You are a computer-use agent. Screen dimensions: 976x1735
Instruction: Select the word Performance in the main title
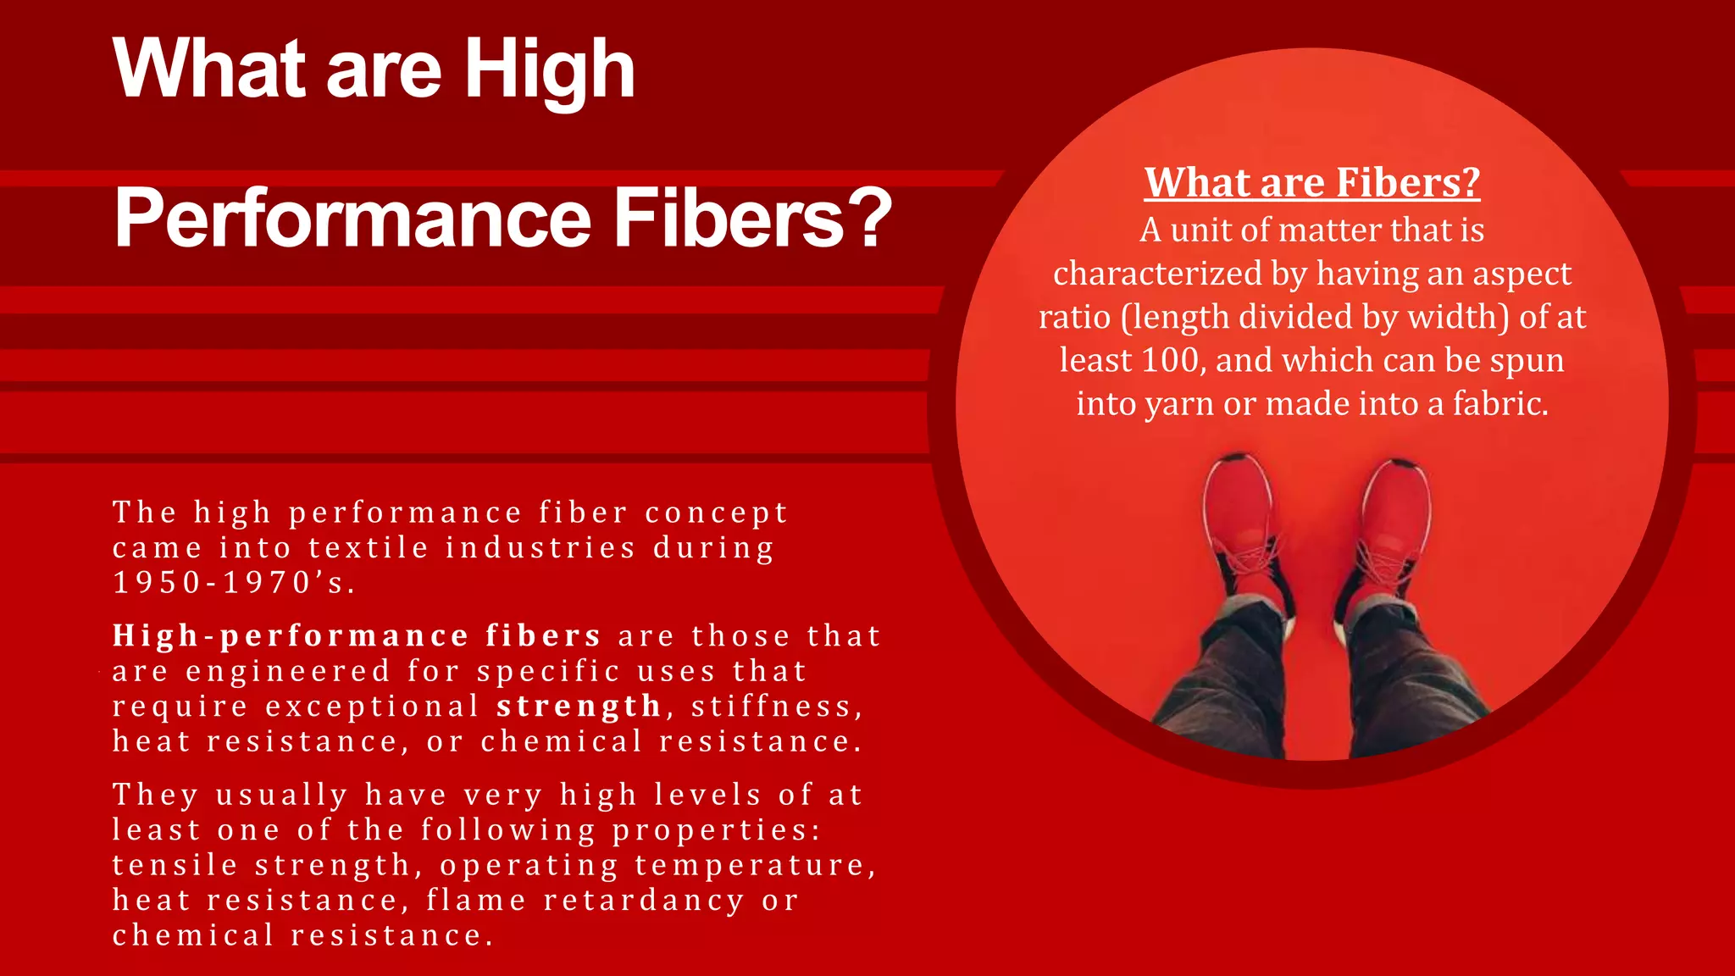352,218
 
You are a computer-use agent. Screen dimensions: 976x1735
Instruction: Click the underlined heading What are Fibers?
1311,183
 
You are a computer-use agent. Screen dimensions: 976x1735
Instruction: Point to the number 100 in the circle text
1170,360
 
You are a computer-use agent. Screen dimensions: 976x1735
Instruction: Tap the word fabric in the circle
1499,404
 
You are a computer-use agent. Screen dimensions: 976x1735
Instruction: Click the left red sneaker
1241,525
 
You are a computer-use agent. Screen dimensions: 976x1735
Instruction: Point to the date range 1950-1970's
233,583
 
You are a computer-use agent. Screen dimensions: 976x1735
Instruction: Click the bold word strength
579,707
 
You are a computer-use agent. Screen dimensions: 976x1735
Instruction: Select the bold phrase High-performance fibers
357,636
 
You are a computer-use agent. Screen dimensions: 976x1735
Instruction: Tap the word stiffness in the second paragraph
776,707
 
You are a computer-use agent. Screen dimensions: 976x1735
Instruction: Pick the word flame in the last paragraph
476,901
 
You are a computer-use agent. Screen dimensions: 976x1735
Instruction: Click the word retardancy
644,901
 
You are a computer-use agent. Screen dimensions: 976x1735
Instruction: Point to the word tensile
175,865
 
